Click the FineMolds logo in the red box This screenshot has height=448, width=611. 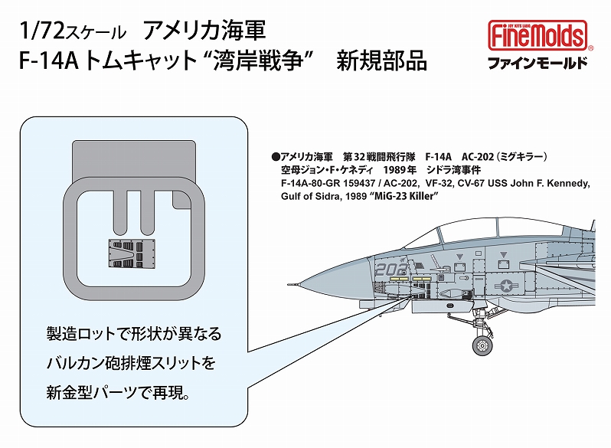point(537,35)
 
